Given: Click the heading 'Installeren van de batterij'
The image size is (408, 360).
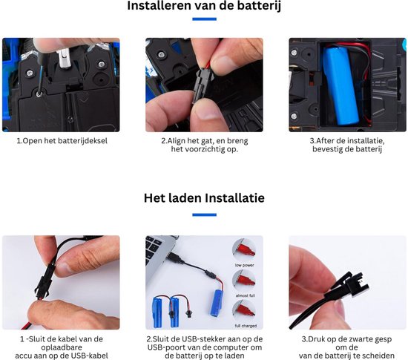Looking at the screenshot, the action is [x=204, y=6].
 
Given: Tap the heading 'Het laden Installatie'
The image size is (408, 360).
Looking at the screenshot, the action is [x=204, y=198].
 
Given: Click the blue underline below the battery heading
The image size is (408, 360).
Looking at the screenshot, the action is [x=204, y=19].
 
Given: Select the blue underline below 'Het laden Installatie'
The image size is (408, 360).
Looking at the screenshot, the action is [x=204, y=215].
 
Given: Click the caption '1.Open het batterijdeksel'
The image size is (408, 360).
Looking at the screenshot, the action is [x=62, y=141].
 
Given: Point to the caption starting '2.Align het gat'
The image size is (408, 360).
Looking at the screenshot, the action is [x=204, y=145].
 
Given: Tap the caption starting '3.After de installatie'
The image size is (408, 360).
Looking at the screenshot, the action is [x=347, y=145].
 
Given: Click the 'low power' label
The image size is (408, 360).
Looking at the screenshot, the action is [x=244, y=265].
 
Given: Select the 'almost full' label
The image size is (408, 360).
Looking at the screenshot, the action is [x=245, y=295].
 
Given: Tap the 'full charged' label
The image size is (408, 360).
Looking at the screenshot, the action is [x=246, y=326].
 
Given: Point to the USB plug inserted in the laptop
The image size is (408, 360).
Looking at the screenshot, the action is [x=174, y=257].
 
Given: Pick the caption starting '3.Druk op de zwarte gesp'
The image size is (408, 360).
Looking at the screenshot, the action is [x=346, y=347].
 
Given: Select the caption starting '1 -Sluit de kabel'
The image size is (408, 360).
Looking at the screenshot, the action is [x=62, y=347].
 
